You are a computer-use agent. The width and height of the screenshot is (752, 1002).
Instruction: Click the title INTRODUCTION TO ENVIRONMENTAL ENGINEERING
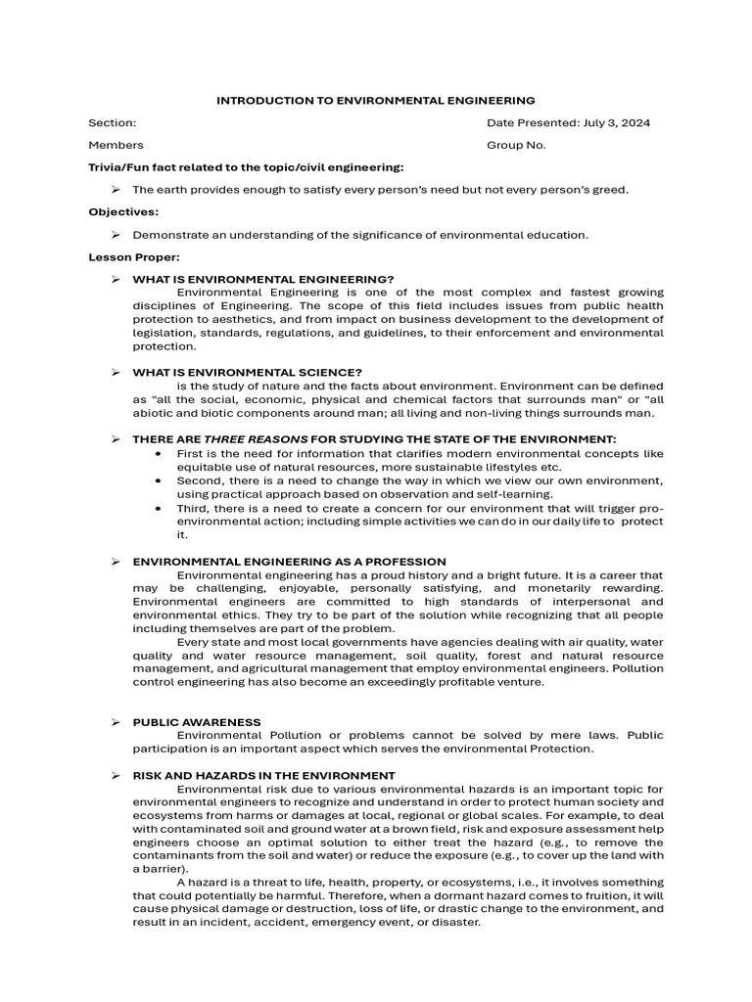[375, 100]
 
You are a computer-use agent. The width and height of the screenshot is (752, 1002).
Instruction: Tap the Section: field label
[113, 123]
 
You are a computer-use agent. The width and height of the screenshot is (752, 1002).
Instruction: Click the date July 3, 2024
[617, 123]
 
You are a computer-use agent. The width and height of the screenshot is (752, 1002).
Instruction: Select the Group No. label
[516, 145]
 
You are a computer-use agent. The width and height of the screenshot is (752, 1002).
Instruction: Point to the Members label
[116, 145]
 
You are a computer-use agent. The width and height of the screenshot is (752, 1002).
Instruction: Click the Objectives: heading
[123, 211]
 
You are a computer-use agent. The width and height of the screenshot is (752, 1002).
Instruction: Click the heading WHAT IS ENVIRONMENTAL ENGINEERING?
[262, 279]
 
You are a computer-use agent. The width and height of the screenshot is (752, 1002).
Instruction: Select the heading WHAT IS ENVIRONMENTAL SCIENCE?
[247, 372]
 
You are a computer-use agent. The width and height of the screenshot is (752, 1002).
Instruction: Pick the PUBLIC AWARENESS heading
[197, 722]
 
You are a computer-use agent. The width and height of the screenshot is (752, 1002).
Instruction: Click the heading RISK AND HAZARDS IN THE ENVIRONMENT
[263, 775]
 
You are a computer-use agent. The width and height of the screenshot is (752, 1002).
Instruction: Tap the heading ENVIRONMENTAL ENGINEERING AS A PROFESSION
[289, 562]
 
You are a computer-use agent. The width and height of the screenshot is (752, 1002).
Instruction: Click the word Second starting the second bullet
[199, 480]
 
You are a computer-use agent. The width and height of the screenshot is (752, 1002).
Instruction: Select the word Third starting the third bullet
[192, 508]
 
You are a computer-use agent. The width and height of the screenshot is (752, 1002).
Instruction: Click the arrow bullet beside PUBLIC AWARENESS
[116, 722]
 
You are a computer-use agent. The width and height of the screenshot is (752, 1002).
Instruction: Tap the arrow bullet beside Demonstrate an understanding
[116, 235]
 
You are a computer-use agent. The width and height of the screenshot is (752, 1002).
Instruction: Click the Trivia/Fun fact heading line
[246, 167]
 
